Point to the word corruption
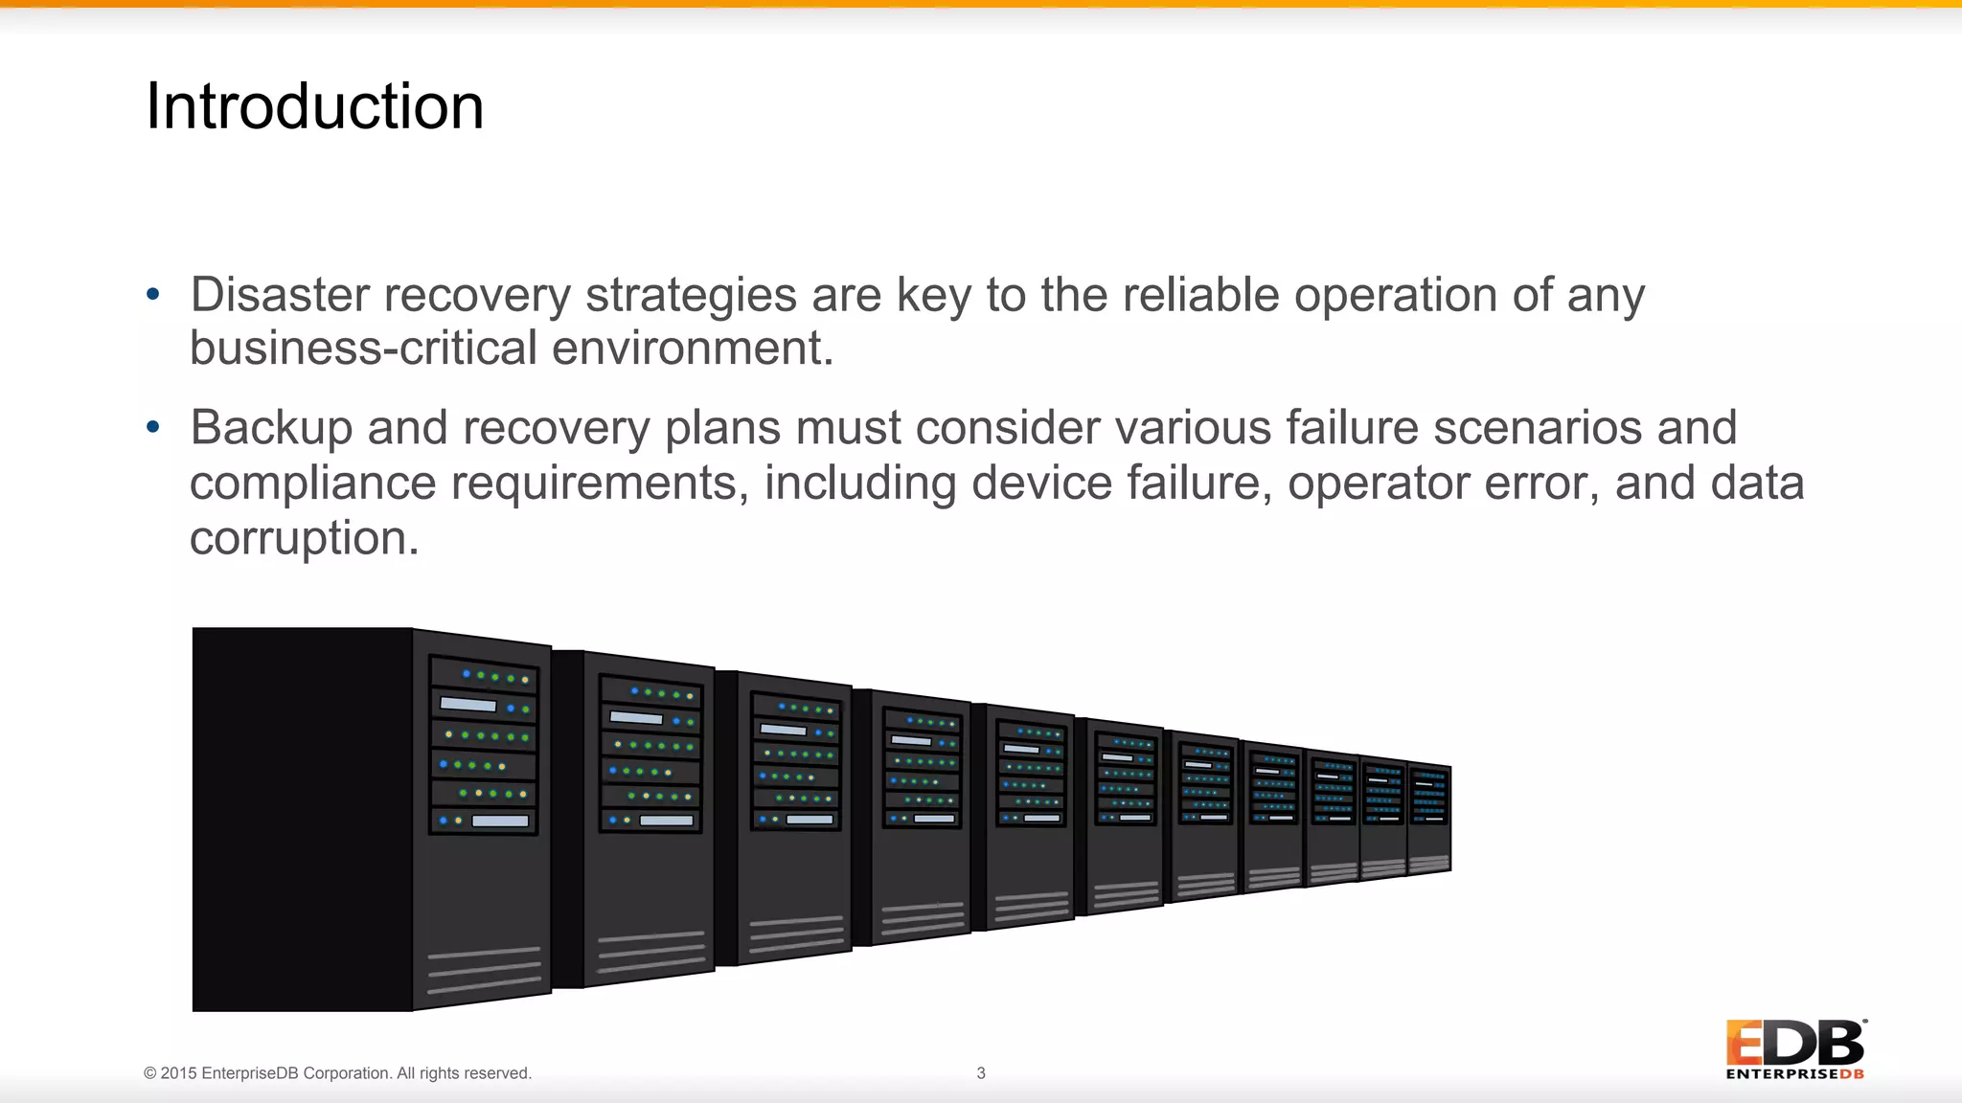click(303, 538)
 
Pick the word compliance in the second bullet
click(312, 484)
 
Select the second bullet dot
click(153, 427)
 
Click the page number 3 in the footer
click(980, 1073)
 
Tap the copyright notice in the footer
click(337, 1073)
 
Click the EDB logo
click(1795, 1049)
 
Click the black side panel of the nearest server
click(302, 819)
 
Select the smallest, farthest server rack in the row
click(1429, 818)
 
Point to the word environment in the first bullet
click(692, 348)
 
